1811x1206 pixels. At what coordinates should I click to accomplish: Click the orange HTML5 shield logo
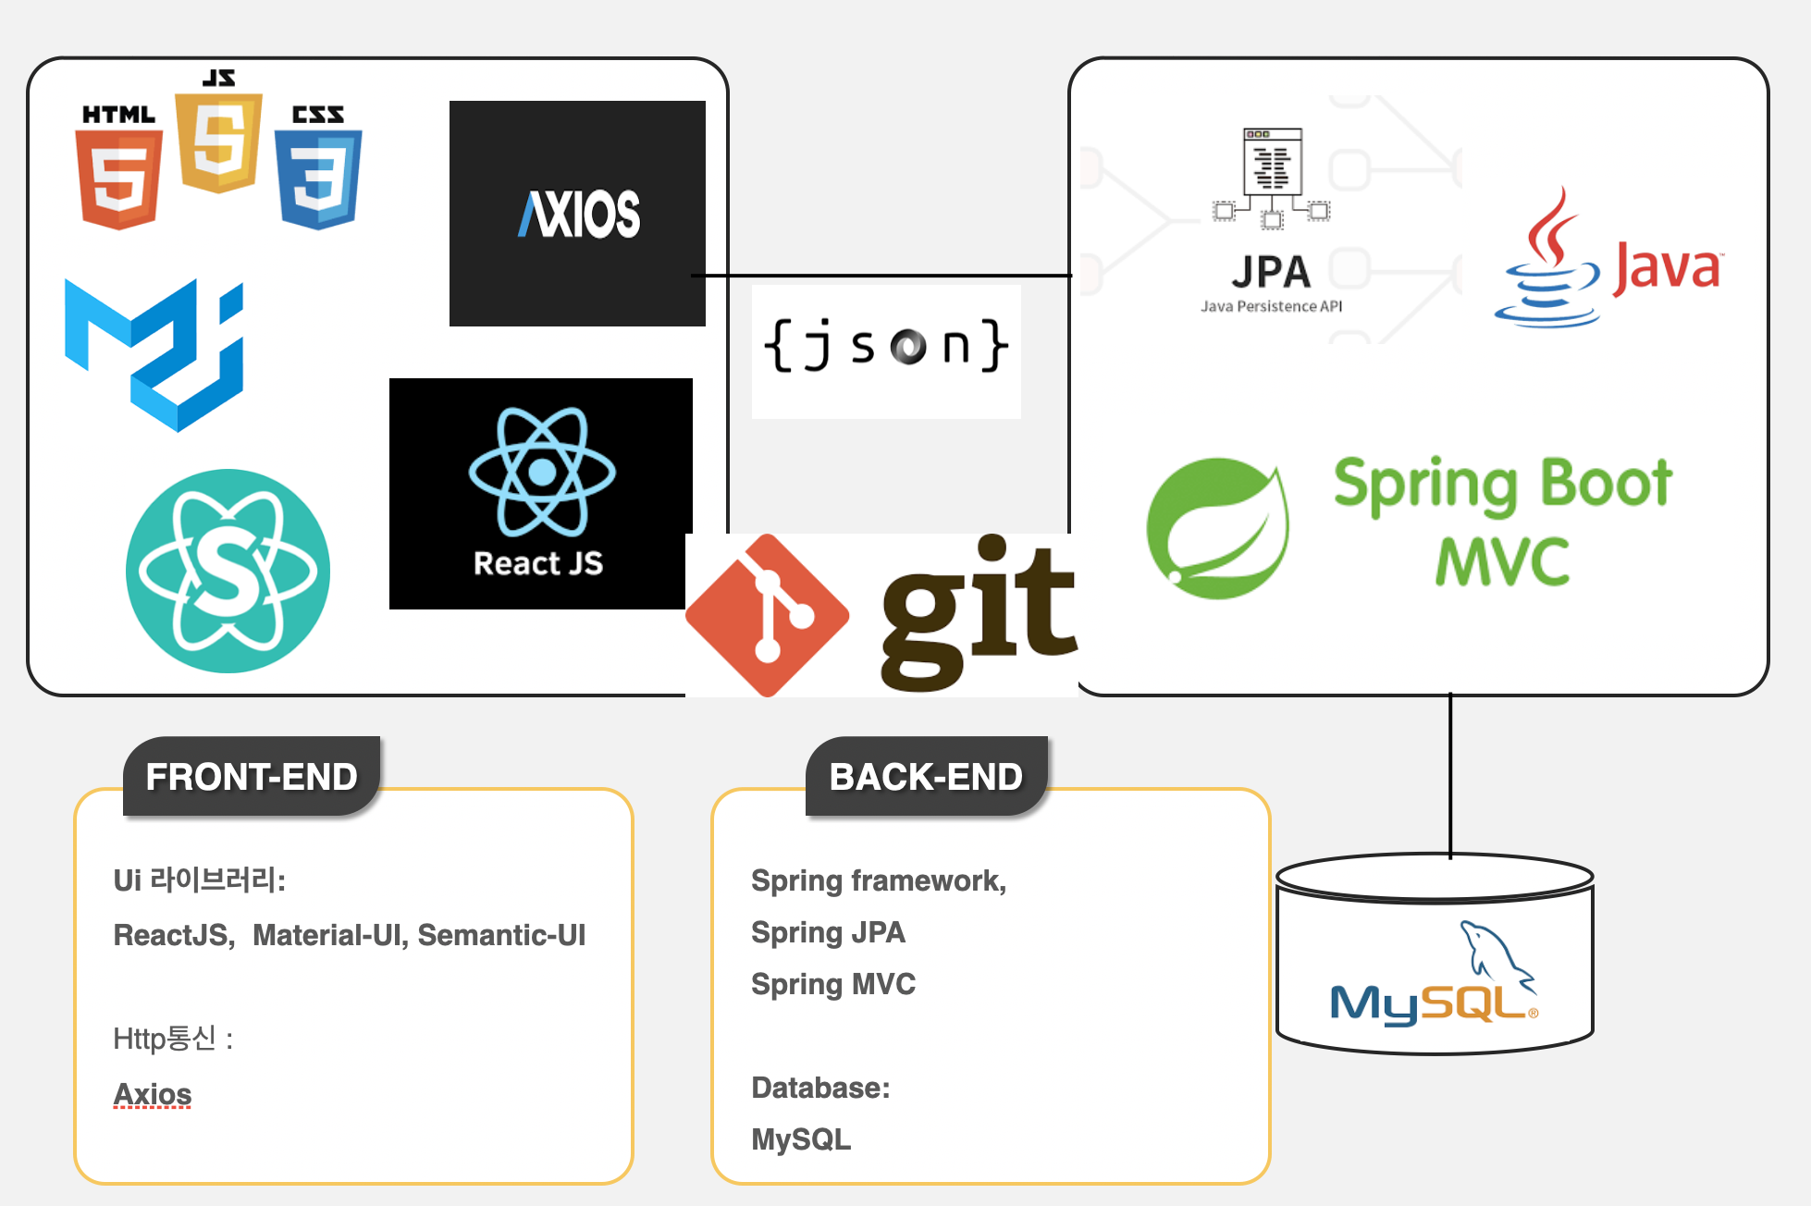click(119, 179)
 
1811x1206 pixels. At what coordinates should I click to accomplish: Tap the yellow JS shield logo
click(219, 142)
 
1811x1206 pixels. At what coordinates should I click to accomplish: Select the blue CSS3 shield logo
click(318, 179)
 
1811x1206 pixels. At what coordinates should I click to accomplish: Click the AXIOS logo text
click(579, 215)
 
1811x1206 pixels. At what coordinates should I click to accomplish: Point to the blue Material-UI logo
click(154, 355)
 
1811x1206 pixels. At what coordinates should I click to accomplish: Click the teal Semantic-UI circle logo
click(228, 571)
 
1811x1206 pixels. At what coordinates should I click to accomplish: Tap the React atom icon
click(542, 472)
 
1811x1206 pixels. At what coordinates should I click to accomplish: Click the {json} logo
click(885, 345)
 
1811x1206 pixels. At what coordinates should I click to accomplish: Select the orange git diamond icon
click(768, 615)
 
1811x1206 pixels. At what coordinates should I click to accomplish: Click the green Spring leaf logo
click(1218, 528)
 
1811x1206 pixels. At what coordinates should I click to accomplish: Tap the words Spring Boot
click(1503, 484)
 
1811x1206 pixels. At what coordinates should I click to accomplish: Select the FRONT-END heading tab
click(252, 776)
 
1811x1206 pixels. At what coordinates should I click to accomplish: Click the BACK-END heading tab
click(927, 776)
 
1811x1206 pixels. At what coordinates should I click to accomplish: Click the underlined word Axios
click(153, 1094)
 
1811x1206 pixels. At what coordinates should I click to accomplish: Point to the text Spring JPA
click(828, 932)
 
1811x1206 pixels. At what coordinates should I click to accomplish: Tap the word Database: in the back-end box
click(820, 1088)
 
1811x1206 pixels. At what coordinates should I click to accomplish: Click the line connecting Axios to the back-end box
click(881, 276)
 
